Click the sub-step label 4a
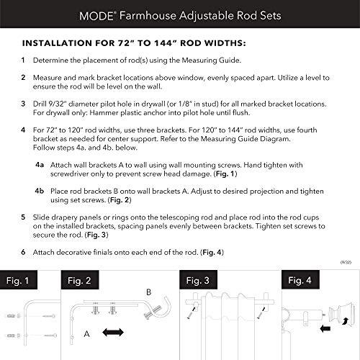[x=40, y=165]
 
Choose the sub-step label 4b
[x=40, y=189]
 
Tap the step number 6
[x=24, y=252]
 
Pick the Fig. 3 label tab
[x=197, y=279]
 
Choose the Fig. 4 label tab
[x=301, y=279]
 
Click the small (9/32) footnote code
[x=346, y=265]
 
